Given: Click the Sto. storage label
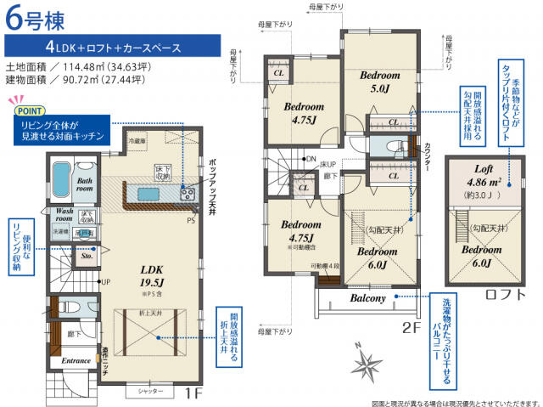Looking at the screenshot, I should (87, 253).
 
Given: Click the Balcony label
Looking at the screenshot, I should (366, 298).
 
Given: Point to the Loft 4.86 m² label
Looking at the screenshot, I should (478, 175).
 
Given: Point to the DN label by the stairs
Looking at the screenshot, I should (311, 159).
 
